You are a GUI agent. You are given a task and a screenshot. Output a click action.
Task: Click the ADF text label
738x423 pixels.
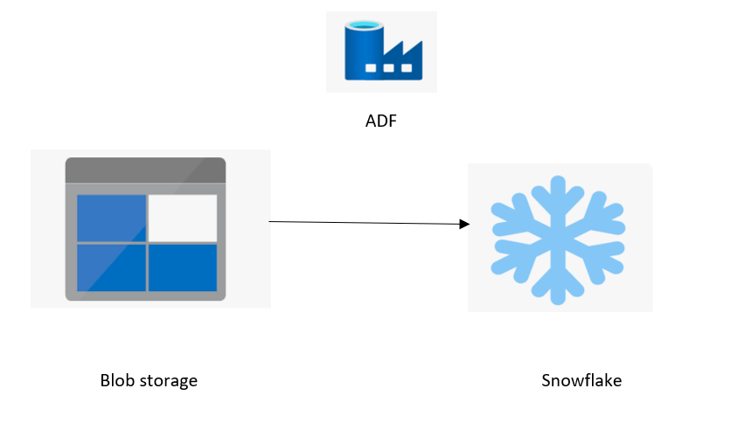pyautogui.click(x=380, y=121)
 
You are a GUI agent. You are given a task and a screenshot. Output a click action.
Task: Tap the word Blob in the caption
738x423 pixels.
pyautogui.click(x=117, y=381)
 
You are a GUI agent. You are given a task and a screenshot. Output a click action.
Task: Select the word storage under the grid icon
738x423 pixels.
pyautogui.click(x=168, y=382)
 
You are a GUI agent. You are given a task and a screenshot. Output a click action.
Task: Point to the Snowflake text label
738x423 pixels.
pyautogui.click(x=581, y=380)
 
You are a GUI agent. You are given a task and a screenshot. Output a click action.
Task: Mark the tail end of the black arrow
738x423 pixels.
pyautogui.click(x=270, y=222)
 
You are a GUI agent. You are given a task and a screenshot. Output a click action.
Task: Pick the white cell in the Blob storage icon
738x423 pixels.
pyautogui.click(x=183, y=218)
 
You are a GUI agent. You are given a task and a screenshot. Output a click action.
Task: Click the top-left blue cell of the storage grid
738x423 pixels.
pyautogui.click(x=111, y=218)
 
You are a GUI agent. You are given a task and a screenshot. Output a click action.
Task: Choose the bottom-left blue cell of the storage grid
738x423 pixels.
pyautogui.click(x=111, y=267)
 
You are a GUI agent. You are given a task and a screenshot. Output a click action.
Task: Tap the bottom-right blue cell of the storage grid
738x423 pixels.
pyautogui.click(x=183, y=267)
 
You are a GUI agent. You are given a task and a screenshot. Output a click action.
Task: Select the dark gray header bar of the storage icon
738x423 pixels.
pyautogui.click(x=145, y=170)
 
